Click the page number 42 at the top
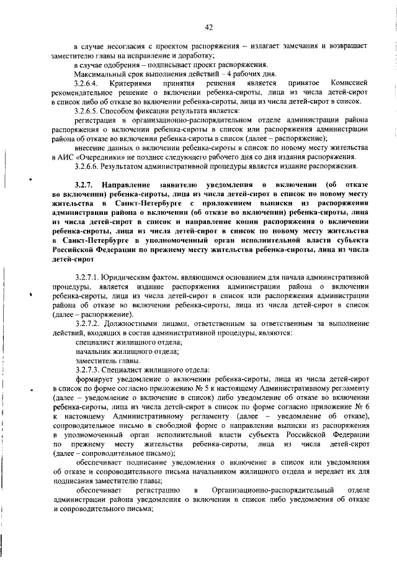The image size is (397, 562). (208, 27)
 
